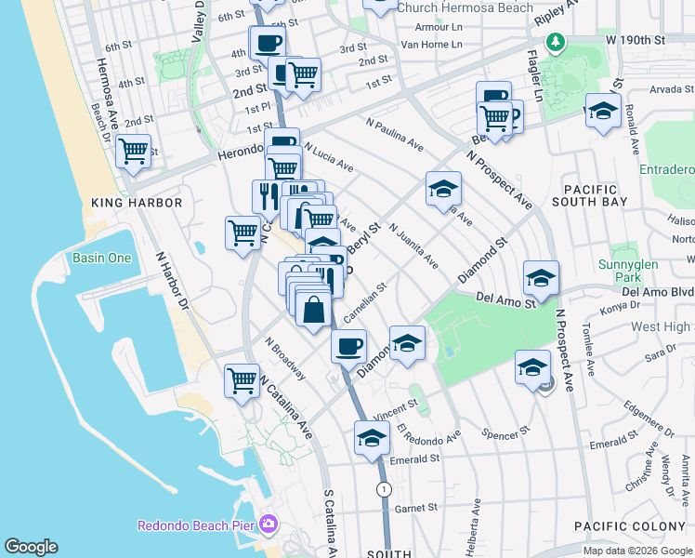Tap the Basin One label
click(102, 258)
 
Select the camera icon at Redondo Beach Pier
click(269, 525)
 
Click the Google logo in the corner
click(32, 547)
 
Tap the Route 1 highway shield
click(383, 488)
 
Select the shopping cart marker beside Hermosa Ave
click(134, 150)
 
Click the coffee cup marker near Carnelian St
click(348, 346)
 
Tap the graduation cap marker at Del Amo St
click(541, 277)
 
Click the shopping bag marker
click(314, 310)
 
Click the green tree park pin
click(556, 41)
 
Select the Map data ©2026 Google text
click(636, 551)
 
